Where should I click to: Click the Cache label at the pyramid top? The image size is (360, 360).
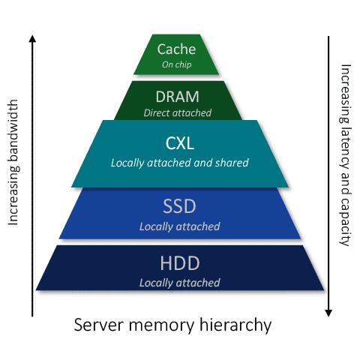coord(176,49)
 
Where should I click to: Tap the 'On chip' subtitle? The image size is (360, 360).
coord(177,64)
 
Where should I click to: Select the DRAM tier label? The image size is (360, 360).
coord(178,97)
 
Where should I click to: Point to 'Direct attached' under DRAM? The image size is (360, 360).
coord(178,112)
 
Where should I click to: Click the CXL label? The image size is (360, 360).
coord(180,143)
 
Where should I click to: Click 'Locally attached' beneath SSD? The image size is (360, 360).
coord(180,226)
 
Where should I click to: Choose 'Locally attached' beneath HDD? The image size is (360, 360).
coord(180,283)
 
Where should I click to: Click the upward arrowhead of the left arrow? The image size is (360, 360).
coord(31,37)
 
